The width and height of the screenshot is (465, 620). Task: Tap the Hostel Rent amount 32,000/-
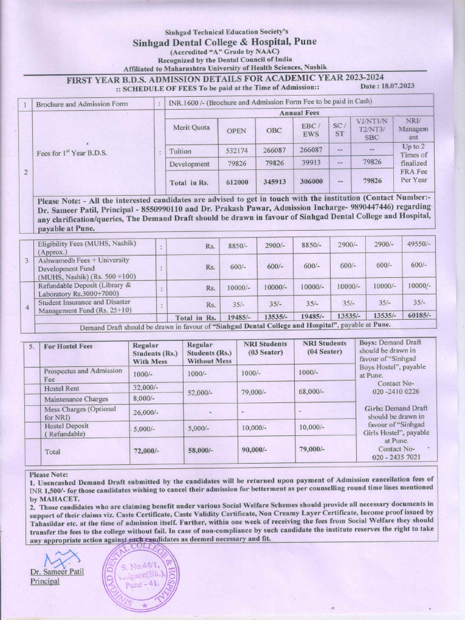145,387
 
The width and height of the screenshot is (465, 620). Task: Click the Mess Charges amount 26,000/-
145,412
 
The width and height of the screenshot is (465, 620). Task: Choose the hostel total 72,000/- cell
145,451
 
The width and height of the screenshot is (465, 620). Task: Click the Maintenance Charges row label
76,399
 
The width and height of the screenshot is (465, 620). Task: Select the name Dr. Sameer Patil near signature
57,571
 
